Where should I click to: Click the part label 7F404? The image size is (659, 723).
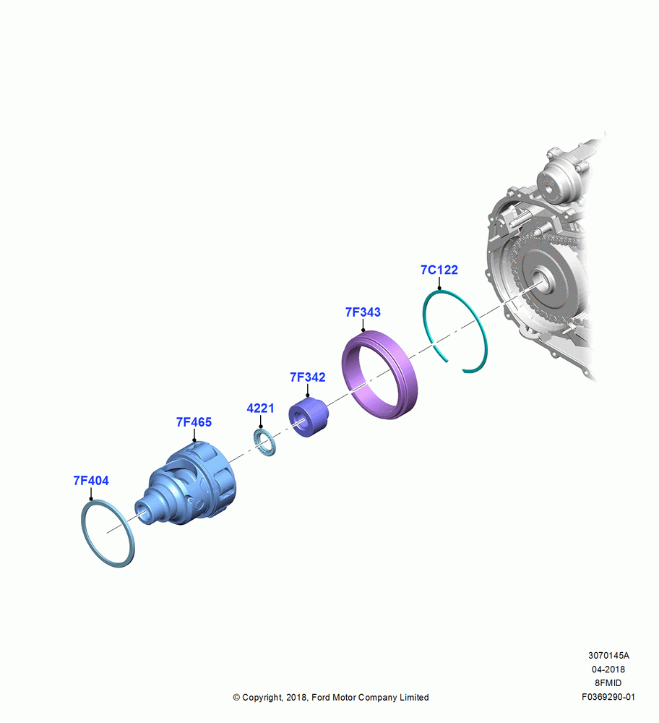[x=91, y=481]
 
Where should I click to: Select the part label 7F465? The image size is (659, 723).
[x=194, y=422]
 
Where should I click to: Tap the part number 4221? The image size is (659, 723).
[x=260, y=408]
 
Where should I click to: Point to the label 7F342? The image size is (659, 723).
[x=307, y=377]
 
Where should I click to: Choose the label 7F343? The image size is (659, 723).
[x=363, y=312]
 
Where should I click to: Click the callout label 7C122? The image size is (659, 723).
[x=439, y=270]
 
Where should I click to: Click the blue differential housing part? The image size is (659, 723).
[x=189, y=484]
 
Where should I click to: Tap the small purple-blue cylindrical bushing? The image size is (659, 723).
[x=309, y=417]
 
